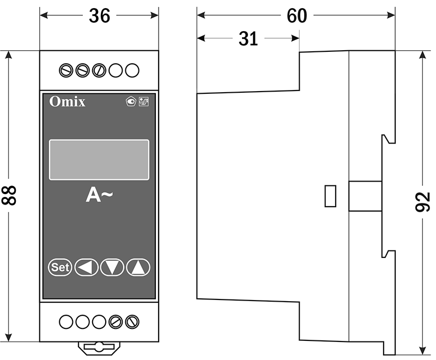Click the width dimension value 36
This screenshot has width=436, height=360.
pos(99,16)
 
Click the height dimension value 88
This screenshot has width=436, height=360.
pos(9,195)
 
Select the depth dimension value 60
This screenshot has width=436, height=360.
pos(297,16)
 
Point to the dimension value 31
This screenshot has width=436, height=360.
pos(248,39)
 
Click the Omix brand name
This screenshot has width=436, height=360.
pos(67,101)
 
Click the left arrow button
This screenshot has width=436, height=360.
pos(86,267)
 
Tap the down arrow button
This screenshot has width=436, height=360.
pos(112,267)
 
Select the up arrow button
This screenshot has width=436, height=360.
pos(138,267)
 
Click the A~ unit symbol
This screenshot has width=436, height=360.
pos(99,195)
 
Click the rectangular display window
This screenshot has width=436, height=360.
pos(99,159)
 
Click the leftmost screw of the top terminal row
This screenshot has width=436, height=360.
pos(66,70)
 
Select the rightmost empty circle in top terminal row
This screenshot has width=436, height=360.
pos(132,70)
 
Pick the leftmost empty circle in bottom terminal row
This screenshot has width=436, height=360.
pos(66,322)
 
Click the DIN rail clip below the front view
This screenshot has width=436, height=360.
pos(99,347)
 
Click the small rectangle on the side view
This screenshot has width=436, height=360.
pos(330,196)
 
